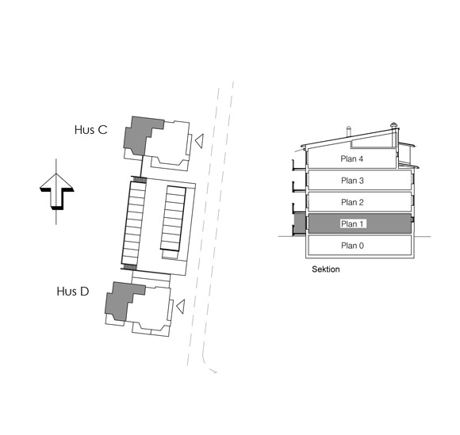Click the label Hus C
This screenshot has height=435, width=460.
(91, 130)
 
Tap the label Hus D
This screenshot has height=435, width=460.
(73, 292)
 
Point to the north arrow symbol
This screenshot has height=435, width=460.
(56, 192)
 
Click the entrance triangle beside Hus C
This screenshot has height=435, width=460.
(199, 141)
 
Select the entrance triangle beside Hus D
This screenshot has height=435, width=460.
(180, 307)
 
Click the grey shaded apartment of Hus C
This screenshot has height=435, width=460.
(139, 133)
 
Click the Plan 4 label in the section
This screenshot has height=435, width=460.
(352, 159)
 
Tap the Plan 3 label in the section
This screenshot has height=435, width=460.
(352, 181)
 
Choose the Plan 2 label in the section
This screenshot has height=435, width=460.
(352, 202)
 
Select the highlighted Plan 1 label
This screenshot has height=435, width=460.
(352, 224)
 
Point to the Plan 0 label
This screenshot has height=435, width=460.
(352, 246)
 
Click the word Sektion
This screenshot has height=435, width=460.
(326, 269)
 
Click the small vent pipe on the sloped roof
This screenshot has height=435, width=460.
(348, 132)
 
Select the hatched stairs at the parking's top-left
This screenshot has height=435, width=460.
(139, 179)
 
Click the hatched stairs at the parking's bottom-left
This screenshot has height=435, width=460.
(128, 266)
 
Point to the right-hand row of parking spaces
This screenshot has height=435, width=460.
(173, 219)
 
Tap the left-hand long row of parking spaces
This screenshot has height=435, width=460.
(133, 223)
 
